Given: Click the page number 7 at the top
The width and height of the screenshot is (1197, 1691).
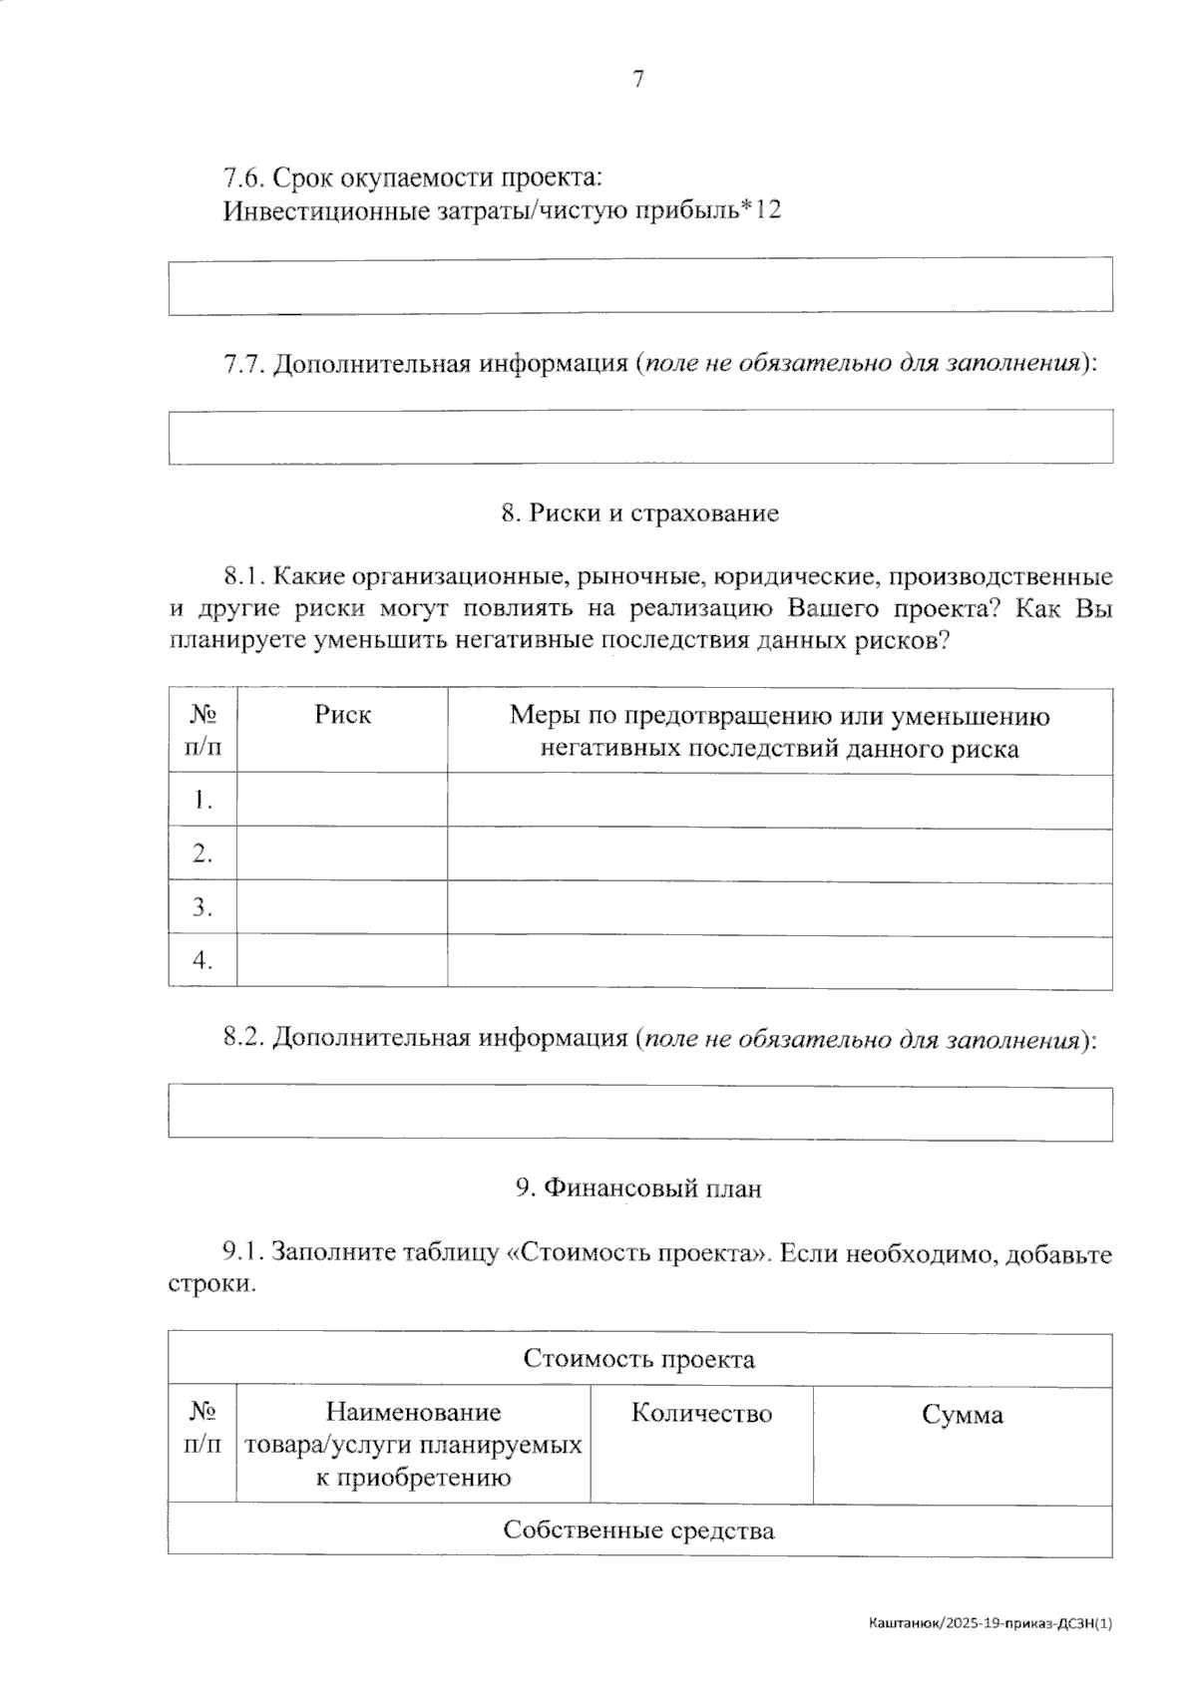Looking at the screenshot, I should click(x=638, y=80).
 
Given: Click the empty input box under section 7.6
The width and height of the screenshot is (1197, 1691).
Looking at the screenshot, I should click(x=639, y=286).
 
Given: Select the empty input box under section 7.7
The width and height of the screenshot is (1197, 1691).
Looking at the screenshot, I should click(x=639, y=437).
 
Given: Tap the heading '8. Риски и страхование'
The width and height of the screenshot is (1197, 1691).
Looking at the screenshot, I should click(x=639, y=513).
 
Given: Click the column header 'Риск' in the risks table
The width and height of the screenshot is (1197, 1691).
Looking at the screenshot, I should click(x=342, y=715).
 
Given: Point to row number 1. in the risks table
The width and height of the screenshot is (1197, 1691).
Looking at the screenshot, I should click(x=203, y=800).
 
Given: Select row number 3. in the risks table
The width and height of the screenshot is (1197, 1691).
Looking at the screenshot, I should click(x=203, y=907).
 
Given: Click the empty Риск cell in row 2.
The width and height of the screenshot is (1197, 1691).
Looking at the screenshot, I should click(x=342, y=853).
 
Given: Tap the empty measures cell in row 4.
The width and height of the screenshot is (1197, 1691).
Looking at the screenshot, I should click(x=779, y=961).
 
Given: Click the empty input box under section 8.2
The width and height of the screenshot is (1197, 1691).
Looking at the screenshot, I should click(x=639, y=1113).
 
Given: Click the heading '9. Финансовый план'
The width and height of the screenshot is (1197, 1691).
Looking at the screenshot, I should click(x=638, y=1188).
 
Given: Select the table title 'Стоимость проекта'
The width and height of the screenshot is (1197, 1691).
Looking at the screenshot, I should click(x=639, y=1359).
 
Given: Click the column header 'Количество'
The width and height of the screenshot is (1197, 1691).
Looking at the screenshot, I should click(x=701, y=1414).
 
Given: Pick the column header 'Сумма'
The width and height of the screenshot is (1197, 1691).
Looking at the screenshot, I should click(x=962, y=1415).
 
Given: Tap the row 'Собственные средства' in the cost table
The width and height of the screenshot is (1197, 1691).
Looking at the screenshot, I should click(x=639, y=1530).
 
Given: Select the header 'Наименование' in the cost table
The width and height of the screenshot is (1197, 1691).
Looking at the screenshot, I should click(x=413, y=1412).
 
